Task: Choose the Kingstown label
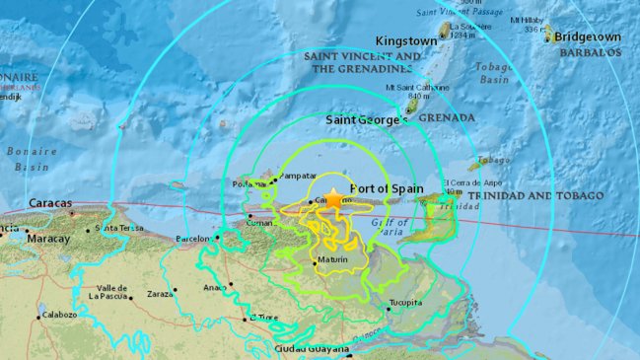click(407, 41)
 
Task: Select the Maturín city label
click(336, 260)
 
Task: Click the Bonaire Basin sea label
click(30, 159)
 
